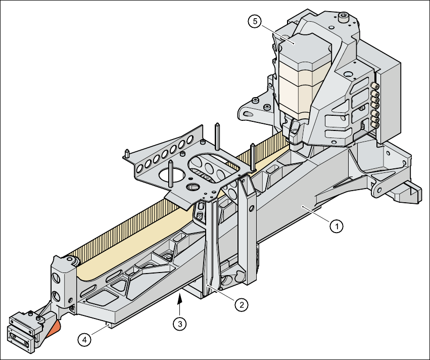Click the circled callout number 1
point(337,226)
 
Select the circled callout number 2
point(242,304)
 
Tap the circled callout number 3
point(178,323)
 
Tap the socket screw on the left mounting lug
point(257,102)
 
